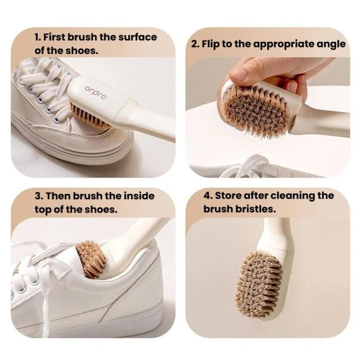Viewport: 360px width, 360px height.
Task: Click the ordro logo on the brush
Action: tap(96, 92)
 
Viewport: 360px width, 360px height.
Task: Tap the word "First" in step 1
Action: tap(54, 37)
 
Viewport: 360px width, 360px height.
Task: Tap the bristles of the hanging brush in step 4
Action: tap(259, 284)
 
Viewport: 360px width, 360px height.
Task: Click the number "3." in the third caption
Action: tap(39, 196)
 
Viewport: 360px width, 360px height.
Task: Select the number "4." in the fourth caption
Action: tap(208, 196)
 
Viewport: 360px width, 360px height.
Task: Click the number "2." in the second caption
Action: tap(195, 44)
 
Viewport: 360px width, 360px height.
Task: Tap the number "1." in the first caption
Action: tap(37, 37)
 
